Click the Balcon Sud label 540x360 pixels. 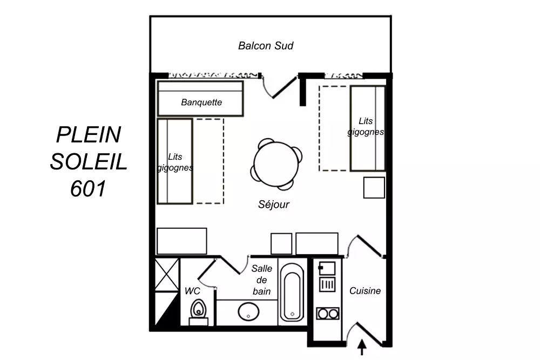click(x=266, y=46)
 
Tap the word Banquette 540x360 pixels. click(x=201, y=102)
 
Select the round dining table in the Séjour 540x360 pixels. click(x=276, y=164)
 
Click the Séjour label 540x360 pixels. click(x=274, y=205)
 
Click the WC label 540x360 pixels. click(x=192, y=291)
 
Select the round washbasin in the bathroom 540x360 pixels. click(x=248, y=311)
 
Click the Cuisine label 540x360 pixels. click(x=365, y=291)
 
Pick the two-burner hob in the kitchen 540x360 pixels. click(x=327, y=313)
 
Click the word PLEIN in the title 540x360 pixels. click(x=89, y=134)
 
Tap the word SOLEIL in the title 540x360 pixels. click(x=89, y=161)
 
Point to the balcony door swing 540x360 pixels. click(x=278, y=86)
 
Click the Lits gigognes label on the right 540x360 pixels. click(x=366, y=127)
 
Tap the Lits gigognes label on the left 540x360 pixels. click(x=175, y=162)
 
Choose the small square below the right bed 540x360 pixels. click(x=374, y=187)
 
